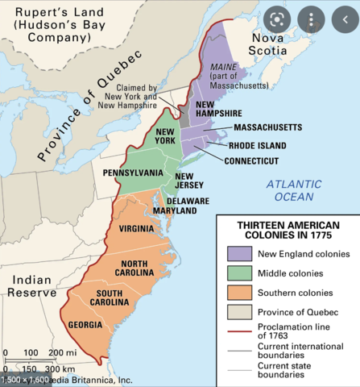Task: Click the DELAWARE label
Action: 188,200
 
